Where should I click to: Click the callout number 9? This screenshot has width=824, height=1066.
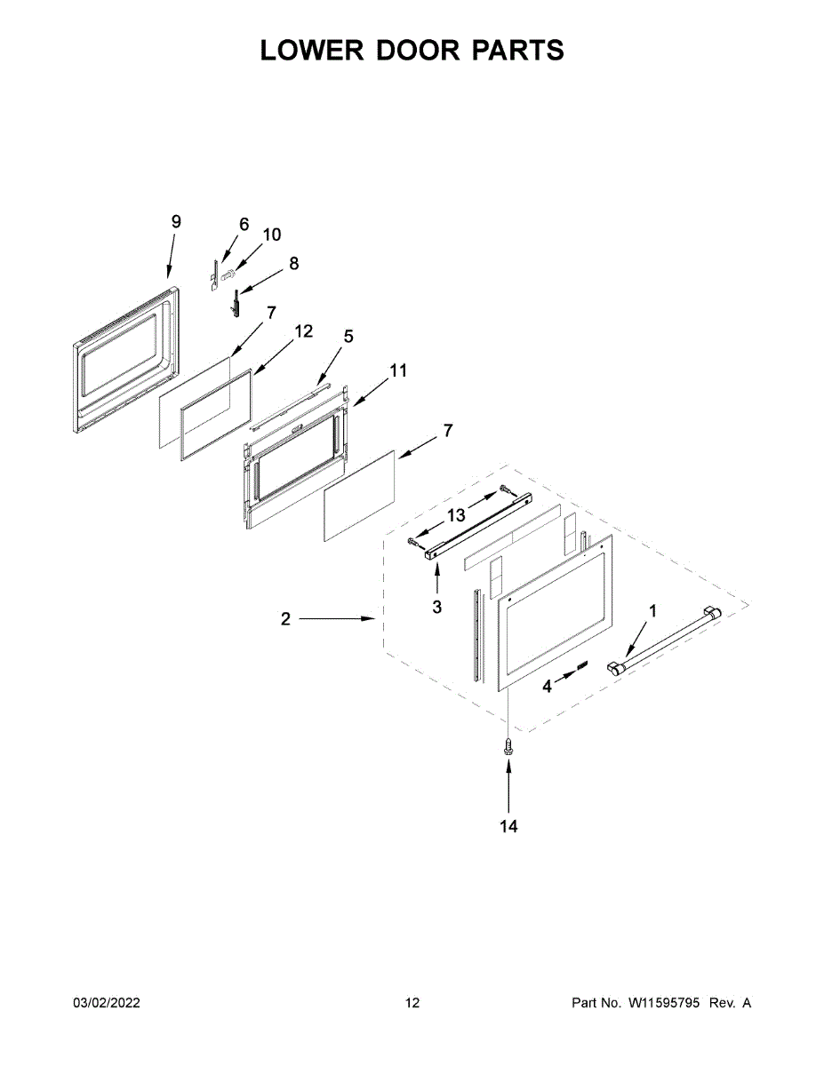(176, 222)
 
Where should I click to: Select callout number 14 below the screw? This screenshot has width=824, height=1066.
(508, 826)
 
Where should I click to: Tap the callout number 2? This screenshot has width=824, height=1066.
(285, 619)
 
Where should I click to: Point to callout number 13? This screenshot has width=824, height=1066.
(456, 515)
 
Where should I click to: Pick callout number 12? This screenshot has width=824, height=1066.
(303, 331)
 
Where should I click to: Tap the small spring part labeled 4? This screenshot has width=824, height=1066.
(582, 664)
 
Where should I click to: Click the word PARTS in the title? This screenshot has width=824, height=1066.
(516, 51)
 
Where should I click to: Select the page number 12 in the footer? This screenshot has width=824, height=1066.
(412, 1003)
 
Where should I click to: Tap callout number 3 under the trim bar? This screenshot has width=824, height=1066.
(437, 607)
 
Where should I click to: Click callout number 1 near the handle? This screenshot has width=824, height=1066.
(653, 610)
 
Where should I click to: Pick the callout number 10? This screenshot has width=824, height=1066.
(272, 235)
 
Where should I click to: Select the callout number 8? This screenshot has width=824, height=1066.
(294, 263)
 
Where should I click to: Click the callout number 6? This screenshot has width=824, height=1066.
(244, 224)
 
